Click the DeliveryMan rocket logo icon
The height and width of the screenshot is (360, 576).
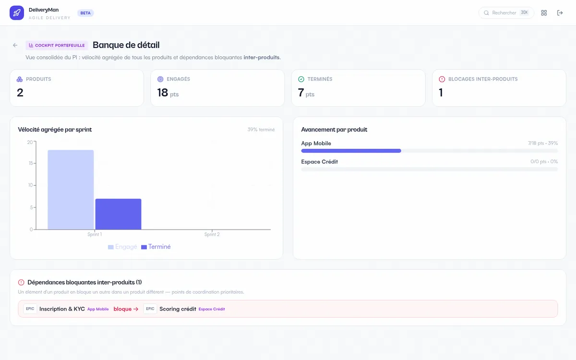point(17,13)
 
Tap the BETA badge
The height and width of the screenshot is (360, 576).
point(85,13)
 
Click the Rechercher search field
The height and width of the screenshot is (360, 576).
point(506,13)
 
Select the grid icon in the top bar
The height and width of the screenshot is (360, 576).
point(544,13)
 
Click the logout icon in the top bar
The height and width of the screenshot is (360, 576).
point(560,13)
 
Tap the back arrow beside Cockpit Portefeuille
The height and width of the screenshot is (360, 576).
point(15,45)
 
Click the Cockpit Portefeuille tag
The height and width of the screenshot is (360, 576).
point(57,45)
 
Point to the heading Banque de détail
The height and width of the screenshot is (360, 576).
point(126,45)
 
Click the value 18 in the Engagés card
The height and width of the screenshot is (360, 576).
point(163,93)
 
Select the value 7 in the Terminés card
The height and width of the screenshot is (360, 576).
point(301,93)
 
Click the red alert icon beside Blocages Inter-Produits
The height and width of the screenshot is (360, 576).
point(442,79)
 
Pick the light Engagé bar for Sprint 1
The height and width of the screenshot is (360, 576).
point(71,190)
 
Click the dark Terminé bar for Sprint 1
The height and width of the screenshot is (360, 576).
point(118,214)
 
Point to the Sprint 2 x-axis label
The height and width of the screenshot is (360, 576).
point(212,234)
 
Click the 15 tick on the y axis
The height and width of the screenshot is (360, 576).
point(31,163)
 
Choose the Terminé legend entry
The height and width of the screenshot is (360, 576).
point(156,247)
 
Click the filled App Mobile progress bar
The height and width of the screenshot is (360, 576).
point(351,151)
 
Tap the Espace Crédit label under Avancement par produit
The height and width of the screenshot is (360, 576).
point(319,162)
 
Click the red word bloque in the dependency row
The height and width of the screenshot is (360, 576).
point(122,309)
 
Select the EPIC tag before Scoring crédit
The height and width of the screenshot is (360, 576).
point(150,309)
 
